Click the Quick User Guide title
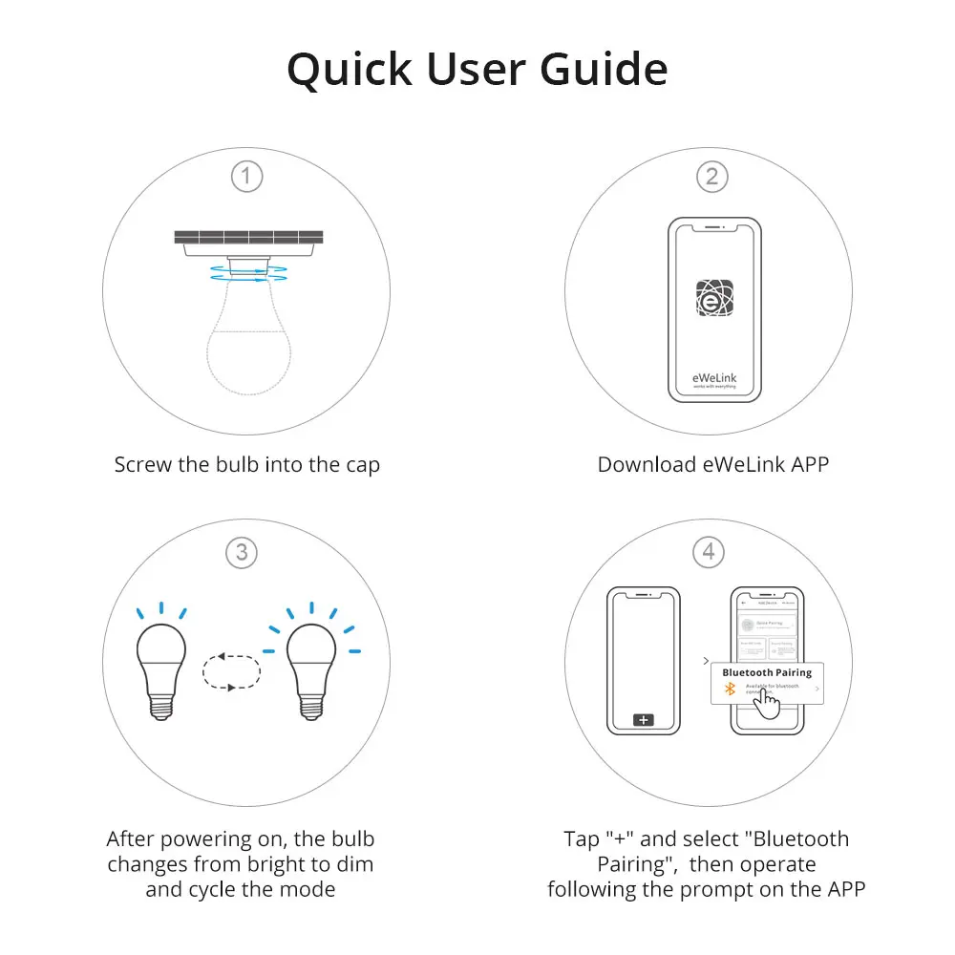477,70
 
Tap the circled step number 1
246,177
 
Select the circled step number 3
242,552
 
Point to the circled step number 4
708,552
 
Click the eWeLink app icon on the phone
714,301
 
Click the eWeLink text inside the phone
714,377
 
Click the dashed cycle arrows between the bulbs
232,670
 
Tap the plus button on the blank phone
644,719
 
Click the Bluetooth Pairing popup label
767,672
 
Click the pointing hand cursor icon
767,702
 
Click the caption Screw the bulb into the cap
246,465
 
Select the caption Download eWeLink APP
712,465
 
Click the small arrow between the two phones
705,661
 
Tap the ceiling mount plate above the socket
248,238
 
